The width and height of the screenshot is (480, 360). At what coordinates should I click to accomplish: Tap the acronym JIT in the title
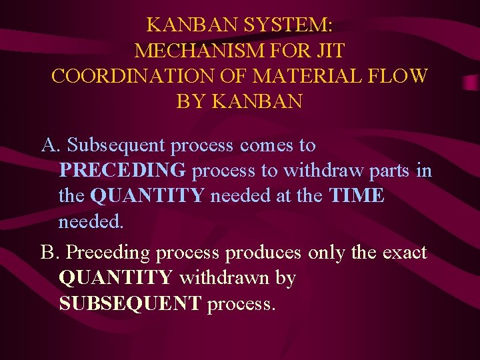point(327,51)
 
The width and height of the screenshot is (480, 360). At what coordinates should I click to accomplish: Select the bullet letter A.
point(51,145)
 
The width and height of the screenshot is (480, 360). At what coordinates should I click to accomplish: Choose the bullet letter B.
point(51,253)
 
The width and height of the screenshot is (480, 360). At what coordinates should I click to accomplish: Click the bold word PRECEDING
point(123,171)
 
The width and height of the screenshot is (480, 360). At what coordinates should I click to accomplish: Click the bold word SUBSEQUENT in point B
point(130,304)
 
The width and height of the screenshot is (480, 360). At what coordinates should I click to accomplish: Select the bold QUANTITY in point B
point(116,278)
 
